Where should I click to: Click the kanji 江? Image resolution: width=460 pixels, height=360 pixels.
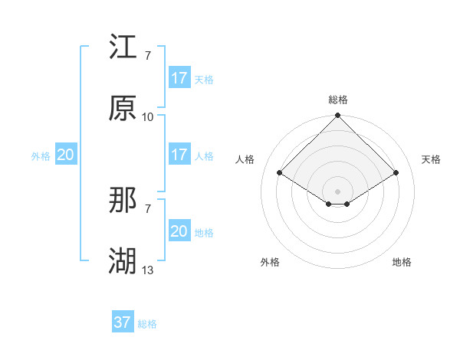[123, 48]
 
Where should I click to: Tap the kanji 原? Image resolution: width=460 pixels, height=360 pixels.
[123, 110]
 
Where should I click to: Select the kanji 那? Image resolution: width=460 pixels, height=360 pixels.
[123, 201]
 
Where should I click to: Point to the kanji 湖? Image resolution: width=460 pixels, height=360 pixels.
[123, 263]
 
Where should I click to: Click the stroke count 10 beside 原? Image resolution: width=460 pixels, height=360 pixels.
[148, 116]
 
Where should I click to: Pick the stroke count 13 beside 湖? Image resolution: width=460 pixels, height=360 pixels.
[148, 270]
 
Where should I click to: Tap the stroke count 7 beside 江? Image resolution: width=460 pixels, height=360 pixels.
[148, 55]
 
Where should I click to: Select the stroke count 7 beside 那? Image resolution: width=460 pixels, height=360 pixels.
[148, 208]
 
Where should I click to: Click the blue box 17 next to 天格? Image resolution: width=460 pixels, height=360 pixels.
[179, 78]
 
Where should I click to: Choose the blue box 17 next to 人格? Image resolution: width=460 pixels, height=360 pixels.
[179, 155]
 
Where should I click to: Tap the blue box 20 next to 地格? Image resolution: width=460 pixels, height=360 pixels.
[179, 231]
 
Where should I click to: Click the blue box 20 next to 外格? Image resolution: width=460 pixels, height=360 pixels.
[65, 155]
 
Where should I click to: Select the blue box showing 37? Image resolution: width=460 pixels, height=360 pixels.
[122, 322]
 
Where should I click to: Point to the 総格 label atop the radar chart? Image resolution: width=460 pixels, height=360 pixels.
[337, 100]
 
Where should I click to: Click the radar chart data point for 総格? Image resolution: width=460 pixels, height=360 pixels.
[337, 116]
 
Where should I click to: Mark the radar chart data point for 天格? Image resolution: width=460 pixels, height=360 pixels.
[396, 173]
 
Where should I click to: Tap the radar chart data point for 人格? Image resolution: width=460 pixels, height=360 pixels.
[279, 173]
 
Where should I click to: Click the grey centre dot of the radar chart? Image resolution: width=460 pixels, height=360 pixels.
[337, 191]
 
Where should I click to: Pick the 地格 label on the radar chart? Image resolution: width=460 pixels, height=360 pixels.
[402, 262]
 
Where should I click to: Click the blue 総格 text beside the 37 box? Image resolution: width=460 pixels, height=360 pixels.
[147, 324]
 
